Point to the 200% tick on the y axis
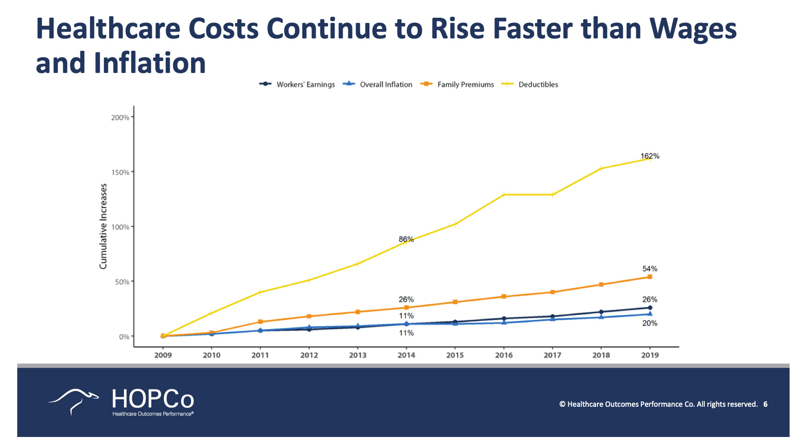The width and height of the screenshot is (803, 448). click(x=120, y=118)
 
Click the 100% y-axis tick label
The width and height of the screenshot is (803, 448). click(x=120, y=227)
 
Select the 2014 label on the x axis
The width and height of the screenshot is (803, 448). click(x=406, y=355)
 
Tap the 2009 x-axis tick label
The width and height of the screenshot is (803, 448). click(x=163, y=355)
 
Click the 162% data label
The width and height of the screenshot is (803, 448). click(x=650, y=156)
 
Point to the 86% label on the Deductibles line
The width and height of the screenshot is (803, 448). click(x=406, y=239)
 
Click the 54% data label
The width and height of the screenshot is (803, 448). click(x=650, y=269)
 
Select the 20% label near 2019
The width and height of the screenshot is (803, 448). click(x=650, y=323)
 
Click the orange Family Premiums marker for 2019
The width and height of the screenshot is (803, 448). click(x=650, y=277)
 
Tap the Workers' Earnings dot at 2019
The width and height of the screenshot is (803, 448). click(x=650, y=307)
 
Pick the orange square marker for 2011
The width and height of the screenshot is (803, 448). click(x=260, y=322)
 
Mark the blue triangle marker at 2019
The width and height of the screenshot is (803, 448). click(x=650, y=314)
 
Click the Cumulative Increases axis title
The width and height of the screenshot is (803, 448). click(x=103, y=226)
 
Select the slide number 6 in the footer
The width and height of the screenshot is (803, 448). click(x=766, y=404)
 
